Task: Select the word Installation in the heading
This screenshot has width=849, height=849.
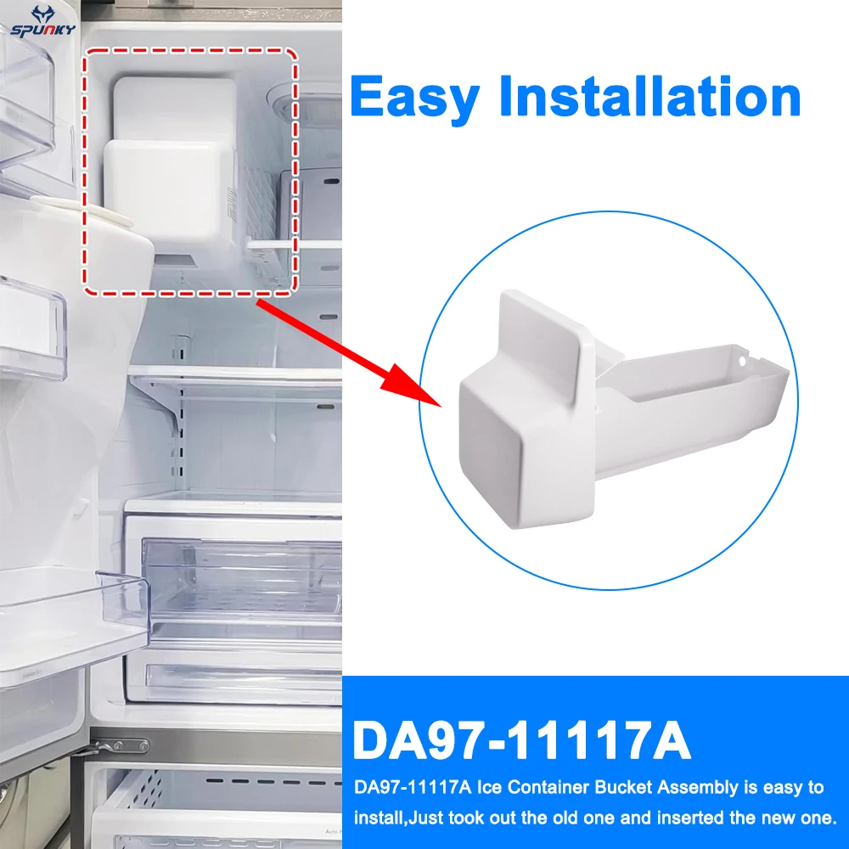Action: pos(649,97)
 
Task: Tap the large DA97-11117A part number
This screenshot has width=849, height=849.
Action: pos(521,740)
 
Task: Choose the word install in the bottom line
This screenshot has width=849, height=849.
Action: pos(369,818)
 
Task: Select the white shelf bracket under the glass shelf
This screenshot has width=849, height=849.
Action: pos(161,399)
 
